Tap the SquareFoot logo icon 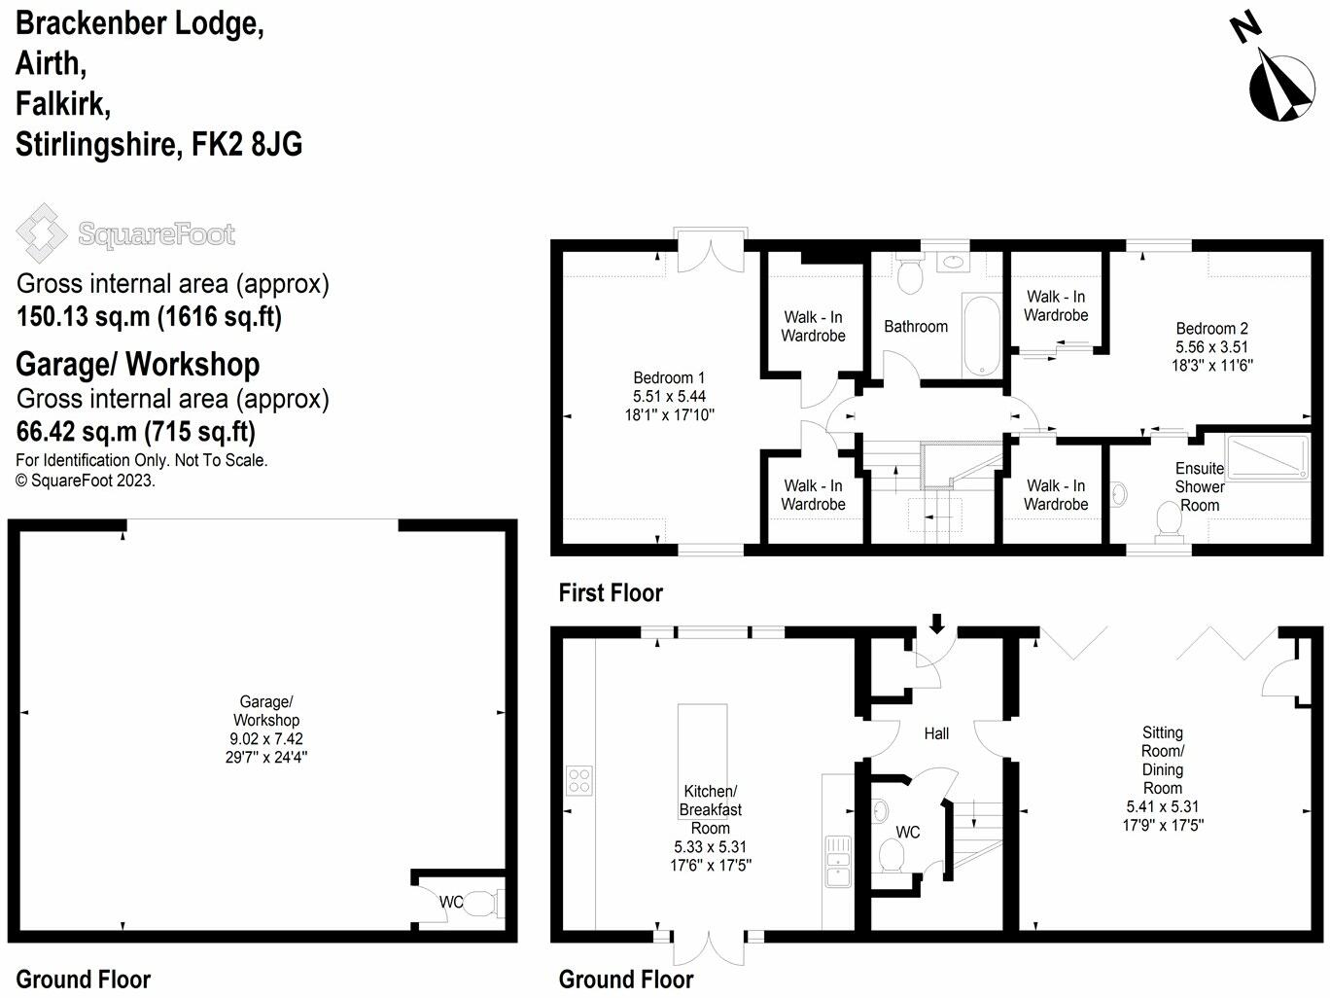point(41,233)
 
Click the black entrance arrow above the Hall point(937,623)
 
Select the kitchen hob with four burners point(579,781)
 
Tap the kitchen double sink point(837,861)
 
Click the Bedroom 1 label point(669,377)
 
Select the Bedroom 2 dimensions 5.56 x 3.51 point(1211,347)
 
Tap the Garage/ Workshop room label point(265,711)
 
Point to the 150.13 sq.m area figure point(83,317)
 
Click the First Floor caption point(610,592)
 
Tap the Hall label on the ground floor point(936,733)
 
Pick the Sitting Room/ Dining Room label point(1162,760)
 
